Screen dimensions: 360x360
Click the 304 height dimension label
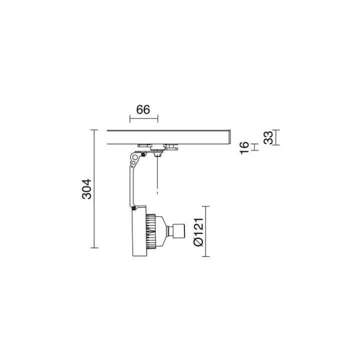coord(86,189)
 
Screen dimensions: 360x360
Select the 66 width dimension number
coord(143,109)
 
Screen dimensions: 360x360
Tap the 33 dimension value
coord(268,137)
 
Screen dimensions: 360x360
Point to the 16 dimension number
coord(244,147)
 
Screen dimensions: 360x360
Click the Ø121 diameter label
coord(198,231)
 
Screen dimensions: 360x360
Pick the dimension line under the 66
coord(143,118)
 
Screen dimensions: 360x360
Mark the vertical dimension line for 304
coord(94,188)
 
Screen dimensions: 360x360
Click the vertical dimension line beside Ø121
coord(205,231)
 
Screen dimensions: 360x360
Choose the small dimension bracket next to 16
coord(254,147)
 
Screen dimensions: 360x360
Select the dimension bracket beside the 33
coord(276,137)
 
